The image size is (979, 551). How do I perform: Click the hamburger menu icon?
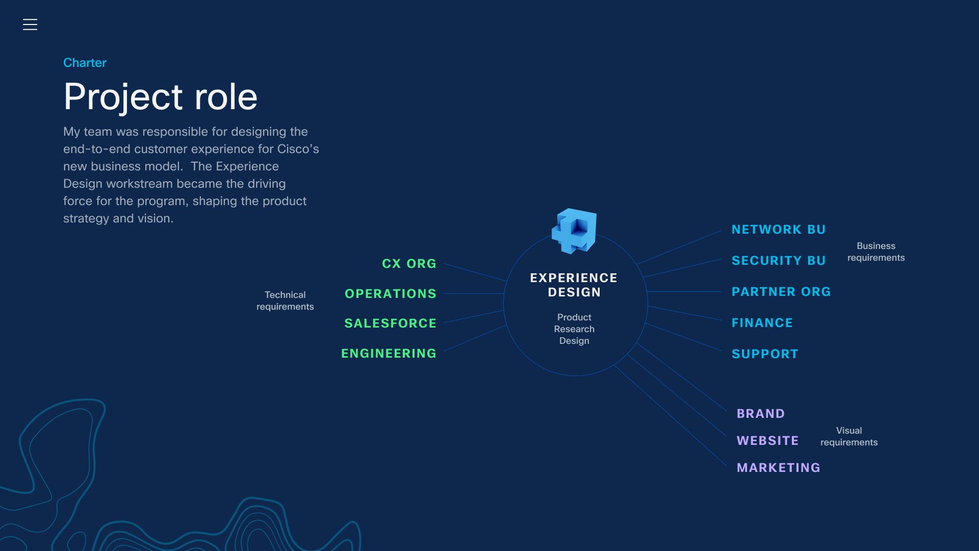pyautogui.click(x=30, y=24)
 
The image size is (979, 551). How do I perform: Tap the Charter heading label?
pyautogui.click(x=85, y=63)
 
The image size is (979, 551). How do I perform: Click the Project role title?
pyautogui.click(x=161, y=96)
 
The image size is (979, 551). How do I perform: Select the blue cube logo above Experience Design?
pyautogui.click(x=575, y=231)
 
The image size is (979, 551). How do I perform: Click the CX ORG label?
pyautogui.click(x=409, y=264)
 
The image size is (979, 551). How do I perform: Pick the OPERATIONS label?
pyautogui.click(x=391, y=294)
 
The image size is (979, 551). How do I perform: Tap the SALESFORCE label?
pyautogui.click(x=390, y=323)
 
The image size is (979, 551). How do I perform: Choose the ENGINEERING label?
pyautogui.click(x=389, y=354)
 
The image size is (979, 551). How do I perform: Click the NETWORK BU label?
pyautogui.click(x=779, y=230)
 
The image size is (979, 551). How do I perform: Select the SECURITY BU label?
pyautogui.click(x=779, y=261)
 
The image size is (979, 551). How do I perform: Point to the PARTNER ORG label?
pyautogui.click(x=781, y=292)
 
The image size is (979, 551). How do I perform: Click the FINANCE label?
pyautogui.click(x=762, y=323)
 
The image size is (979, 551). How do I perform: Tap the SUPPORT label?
pyautogui.click(x=765, y=354)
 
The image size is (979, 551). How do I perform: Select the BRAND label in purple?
pyautogui.click(x=761, y=414)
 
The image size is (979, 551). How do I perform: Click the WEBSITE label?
pyautogui.click(x=767, y=441)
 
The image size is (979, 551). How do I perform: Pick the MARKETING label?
pyautogui.click(x=779, y=468)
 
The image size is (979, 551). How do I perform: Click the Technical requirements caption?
pyautogui.click(x=285, y=300)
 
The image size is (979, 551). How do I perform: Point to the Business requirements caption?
pyautogui.click(x=876, y=252)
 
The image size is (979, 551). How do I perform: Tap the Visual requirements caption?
pyautogui.click(x=849, y=436)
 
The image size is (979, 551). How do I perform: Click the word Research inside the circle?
pyautogui.click(x=574, y=329)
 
